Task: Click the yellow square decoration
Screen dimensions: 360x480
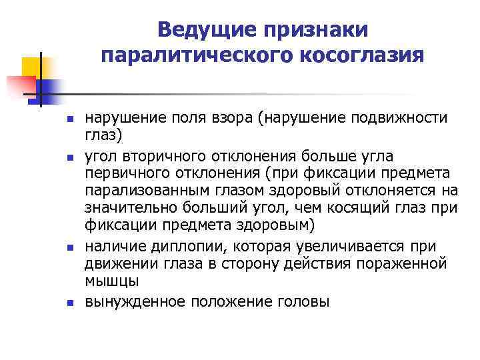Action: coord(33,67)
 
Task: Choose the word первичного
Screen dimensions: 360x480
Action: coord(121,172)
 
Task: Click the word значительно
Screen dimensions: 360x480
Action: coord(125,208)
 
